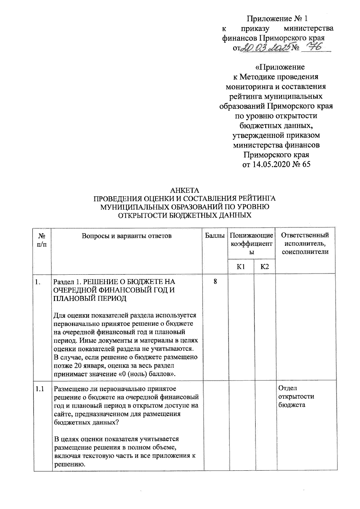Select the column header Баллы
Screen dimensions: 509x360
pos(215,236)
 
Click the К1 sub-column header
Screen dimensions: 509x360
pos(241,267)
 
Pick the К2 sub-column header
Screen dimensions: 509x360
pos(265,267)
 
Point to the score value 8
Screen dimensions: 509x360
pos(215,281)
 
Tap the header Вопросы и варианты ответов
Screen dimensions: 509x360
pos(127,236)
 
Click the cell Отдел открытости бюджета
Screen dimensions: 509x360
pos(296,397)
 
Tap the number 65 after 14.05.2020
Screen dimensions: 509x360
pos(307,165)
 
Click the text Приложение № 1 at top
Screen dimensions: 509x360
pos(277,19)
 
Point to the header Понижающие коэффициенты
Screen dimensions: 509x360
pos(252,244)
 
